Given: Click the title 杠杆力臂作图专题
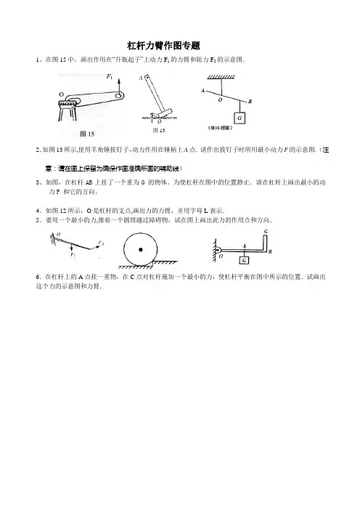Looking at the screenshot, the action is pyautogui.click(x=163, y=46).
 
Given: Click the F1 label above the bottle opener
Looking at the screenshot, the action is pyautogui.click(x=110, y=77).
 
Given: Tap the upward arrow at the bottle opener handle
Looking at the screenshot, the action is pyautogui.click(x=118, y=87).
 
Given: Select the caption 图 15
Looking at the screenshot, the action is pyautogui.click(x=87, y=134).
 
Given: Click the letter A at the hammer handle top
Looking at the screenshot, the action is pyautogui.click(x=141, y=78).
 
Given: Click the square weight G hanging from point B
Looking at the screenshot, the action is pyautogui.click(x=240, y=118).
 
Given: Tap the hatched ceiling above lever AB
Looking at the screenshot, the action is pyautogui.click(x=221, y=77).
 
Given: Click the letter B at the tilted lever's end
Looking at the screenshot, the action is pyautogui.click(x=250, y=102).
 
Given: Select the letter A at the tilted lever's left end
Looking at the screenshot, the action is pyautogui.click(x=203, y=90).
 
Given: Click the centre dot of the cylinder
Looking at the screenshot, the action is pyautogui.click(x=141, y=249).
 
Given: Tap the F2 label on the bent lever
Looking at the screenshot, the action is pyautogui.click(x=101, y=243).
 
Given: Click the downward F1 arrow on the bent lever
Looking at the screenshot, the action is pyautogui.click(x=71, y=246).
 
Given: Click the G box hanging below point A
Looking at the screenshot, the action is pyautogui.click(x=245, y=260).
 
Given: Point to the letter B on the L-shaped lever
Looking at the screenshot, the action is pyautogui.click(x=270, y=251).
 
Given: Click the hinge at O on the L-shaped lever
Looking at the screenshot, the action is pyautogui.click(x=218, y=250).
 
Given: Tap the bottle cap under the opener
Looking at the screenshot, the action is pyautogui.click(x=67, y=103).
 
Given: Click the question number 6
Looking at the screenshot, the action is pyautogui.click(x=38, y=277).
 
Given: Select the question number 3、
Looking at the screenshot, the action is pyautogui.click(x=39, y=182).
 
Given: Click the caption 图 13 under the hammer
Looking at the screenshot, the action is pyautogui.click(x=159, y=130).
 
